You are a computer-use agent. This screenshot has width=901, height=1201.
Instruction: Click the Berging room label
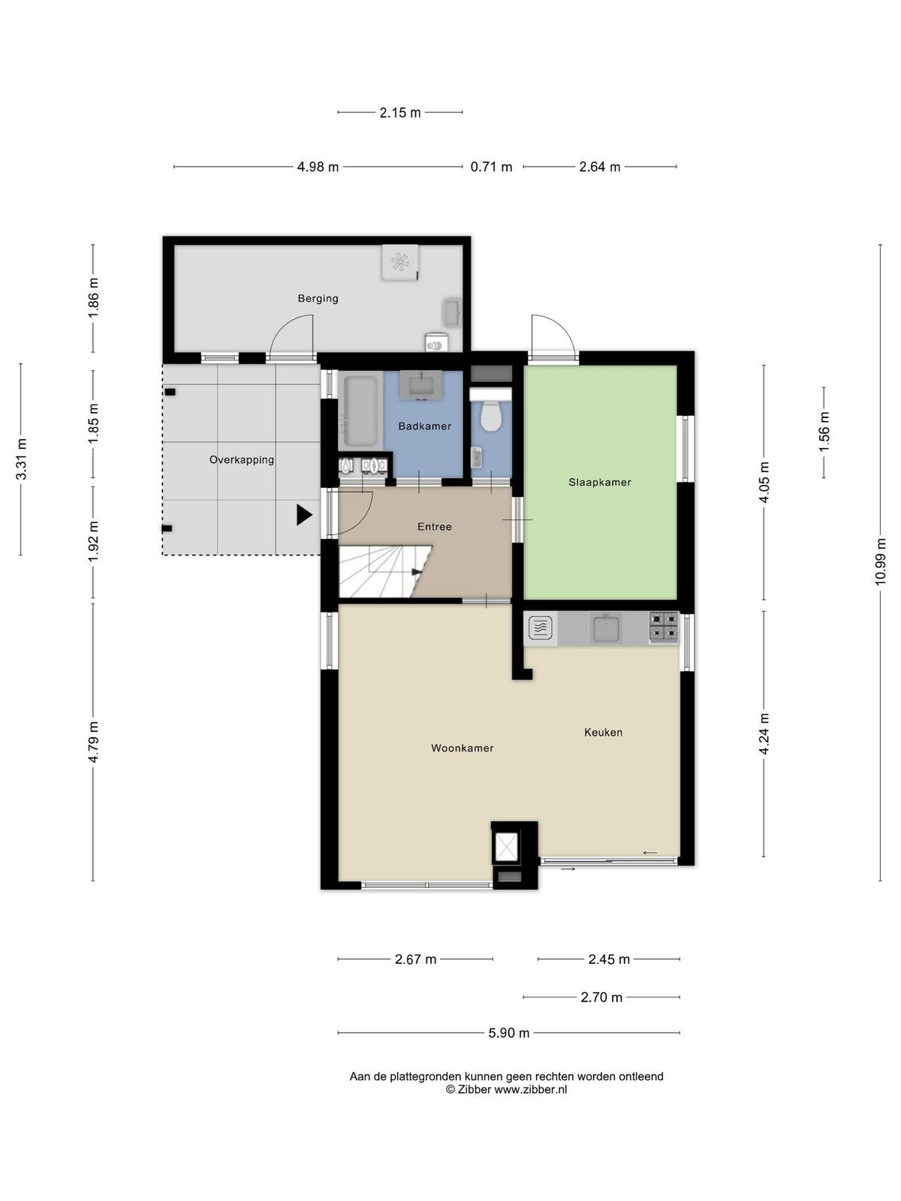(318, 298)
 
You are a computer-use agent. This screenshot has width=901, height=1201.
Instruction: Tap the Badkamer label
(424, 426)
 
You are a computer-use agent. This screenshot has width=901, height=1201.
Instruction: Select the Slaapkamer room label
(600, 482)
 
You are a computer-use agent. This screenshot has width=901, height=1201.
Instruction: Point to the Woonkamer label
(463, 748)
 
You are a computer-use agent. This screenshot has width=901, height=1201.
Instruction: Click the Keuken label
(604, 732)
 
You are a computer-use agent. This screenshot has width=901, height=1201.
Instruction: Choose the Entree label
(435, 526)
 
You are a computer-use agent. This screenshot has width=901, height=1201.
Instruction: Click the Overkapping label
(242, 459)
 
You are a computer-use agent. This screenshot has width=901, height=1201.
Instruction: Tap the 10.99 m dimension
(880, 562)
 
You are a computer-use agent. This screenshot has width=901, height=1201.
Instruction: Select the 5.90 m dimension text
(509, 1032)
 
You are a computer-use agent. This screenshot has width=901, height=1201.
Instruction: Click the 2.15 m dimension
(400, 113)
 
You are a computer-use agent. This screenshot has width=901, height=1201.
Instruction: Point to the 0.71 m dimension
(491, 167)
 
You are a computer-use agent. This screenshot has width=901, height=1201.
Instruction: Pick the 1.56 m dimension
(824, 432)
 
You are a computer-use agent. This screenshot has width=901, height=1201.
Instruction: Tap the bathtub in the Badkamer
(360, 411)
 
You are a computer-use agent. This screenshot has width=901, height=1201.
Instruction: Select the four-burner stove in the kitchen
(664, 628)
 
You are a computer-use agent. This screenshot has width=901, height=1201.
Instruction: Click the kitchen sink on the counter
(606, 628)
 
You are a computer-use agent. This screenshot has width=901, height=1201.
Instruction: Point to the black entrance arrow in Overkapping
(304, 515)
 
